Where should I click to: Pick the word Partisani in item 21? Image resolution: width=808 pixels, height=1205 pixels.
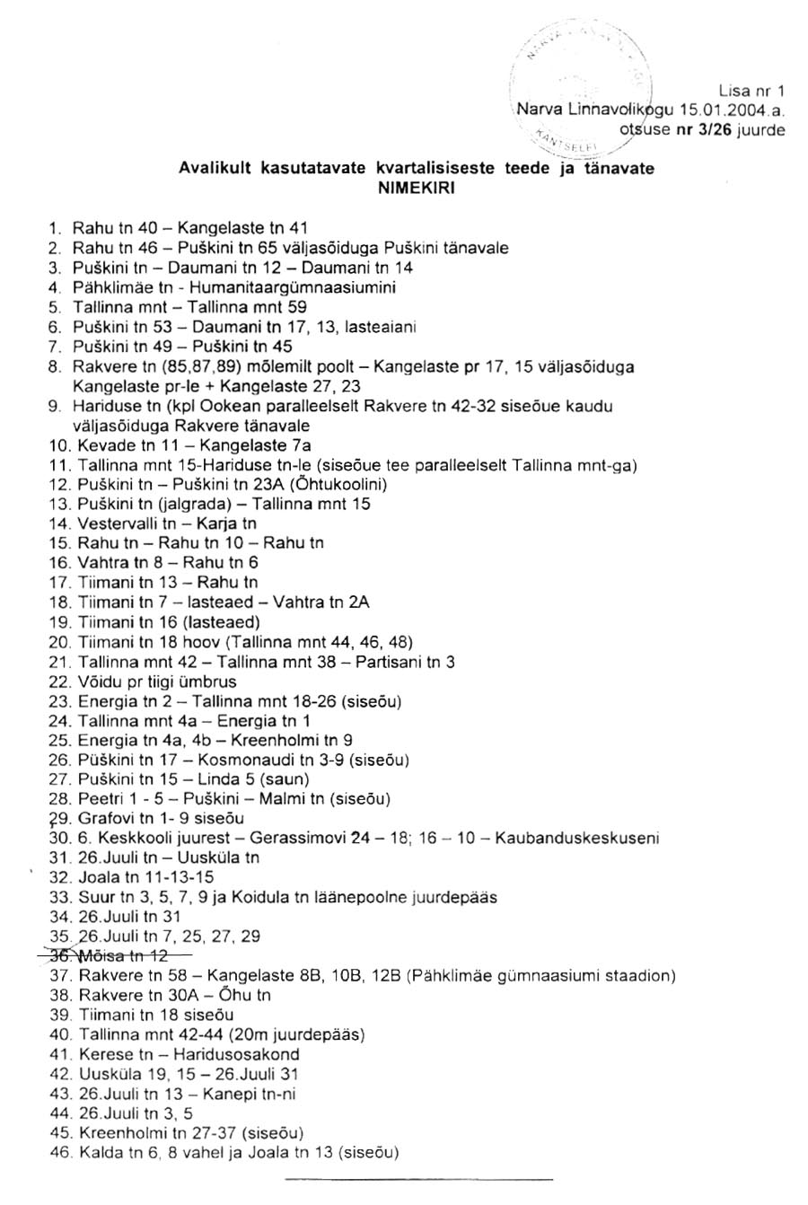coord(387,662)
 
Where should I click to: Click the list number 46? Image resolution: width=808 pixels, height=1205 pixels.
coord(60,1152)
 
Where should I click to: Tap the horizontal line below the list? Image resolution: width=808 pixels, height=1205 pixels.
coord(418,1177)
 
